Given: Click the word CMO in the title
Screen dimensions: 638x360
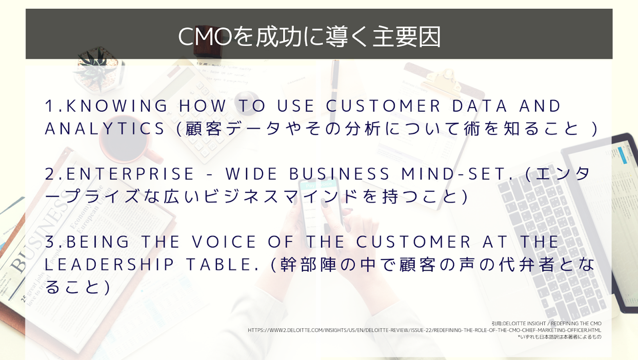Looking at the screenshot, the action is (205, 36).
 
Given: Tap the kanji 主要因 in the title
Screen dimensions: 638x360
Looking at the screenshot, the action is (406, 36).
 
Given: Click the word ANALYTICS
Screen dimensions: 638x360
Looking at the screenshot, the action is (105, 128).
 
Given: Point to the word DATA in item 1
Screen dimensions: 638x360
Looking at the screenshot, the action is (480, 106).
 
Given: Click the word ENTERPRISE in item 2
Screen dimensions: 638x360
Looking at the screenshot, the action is (130, 174).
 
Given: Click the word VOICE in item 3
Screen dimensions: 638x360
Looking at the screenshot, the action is (224, 242).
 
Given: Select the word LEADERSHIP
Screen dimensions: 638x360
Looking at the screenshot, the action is (109, 264).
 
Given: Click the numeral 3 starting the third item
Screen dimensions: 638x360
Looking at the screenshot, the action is (50, 242).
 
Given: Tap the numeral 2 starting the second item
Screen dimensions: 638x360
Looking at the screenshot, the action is (50, 174).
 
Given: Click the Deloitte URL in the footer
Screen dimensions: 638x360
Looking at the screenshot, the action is (424, 330).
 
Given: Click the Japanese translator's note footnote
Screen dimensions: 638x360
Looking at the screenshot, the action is (560, 337).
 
